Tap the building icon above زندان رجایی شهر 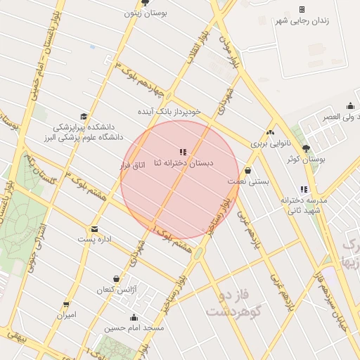302,9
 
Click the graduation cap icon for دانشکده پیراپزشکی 84,117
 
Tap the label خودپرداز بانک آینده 169,111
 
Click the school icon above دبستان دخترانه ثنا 184,152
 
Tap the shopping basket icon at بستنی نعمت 247,171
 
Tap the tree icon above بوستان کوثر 305,148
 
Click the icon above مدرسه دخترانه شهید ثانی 304,189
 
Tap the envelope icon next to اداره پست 94,229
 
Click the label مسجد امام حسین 134,328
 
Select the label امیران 66,315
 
